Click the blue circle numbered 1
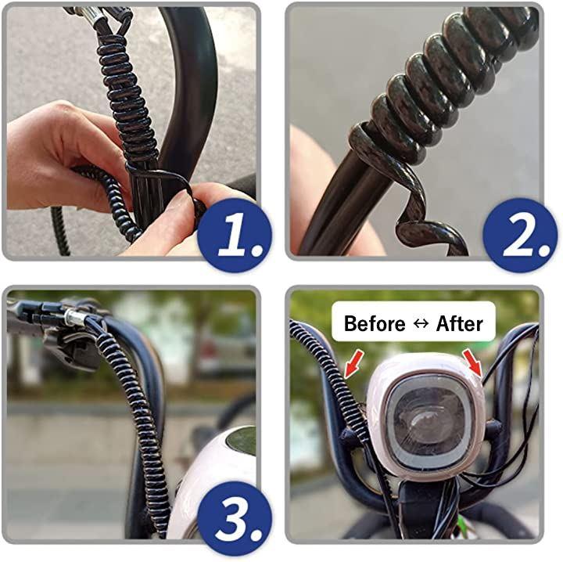click(x=235, y=235)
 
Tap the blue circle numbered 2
click(x=520, y=235)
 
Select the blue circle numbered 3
click(x=235, y=518)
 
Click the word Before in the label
click(x=374, y=323)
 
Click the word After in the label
click(x=459, y=323)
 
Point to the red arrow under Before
click(x=353, y=365)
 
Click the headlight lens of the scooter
click(x=427, y=420)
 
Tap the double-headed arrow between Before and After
click(x=421, y=323)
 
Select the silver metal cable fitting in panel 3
click(x=75, y=316)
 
